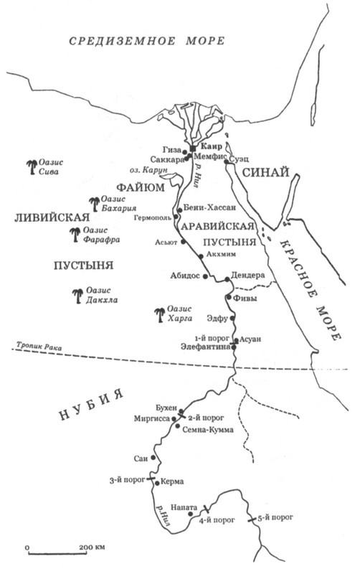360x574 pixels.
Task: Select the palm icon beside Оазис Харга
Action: [x=161, y=313]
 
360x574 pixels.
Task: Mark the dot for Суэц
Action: [x=227, y=161]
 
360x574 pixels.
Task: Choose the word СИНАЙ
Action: [x=265, y=173]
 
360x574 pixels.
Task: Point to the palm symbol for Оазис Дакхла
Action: [x=77, y=293]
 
